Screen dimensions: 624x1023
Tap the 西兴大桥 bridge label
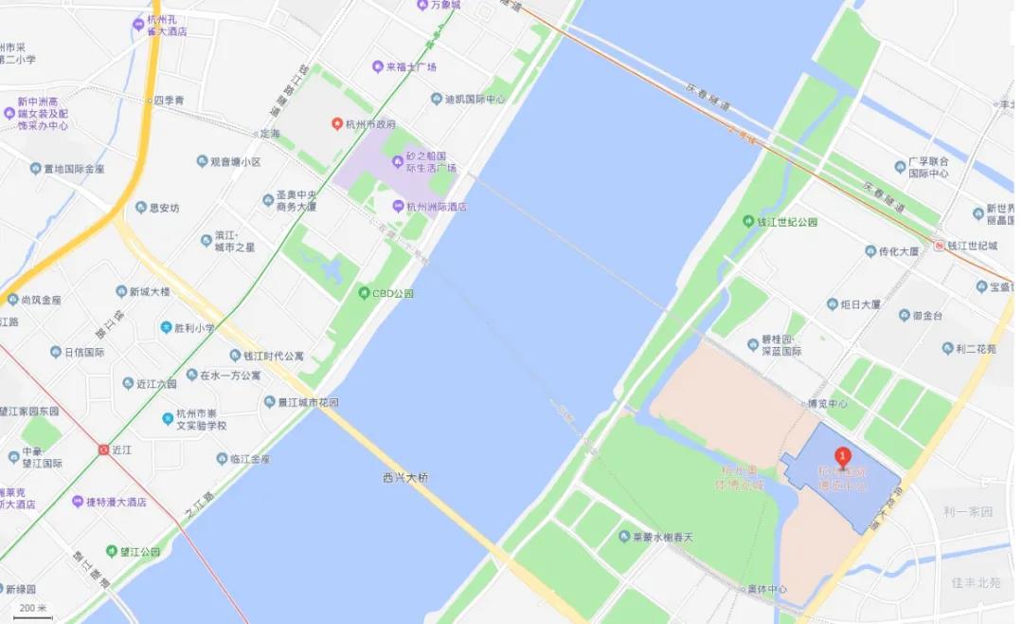click(x=405, y=477)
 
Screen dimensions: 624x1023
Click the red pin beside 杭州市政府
click(x=336, y=124)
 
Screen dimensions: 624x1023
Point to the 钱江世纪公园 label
click(x=785, y=221)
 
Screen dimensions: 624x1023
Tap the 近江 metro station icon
click(x=103, y=450)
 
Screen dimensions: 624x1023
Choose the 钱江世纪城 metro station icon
click(x=939, y=246)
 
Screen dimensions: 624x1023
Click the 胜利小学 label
click(x=193, y=328)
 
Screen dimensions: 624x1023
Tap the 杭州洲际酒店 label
click(x=435, y=206)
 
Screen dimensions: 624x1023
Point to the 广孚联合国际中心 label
click(x=927, y=167)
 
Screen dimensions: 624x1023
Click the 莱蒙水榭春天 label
click(x=662, y=537)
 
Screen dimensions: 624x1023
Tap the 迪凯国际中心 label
click(x=470, y=99)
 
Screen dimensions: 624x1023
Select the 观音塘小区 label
click(x=235, y=162)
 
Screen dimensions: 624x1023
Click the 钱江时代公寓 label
click(x=273, y=356)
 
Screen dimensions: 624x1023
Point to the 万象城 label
click(x=444, y=6)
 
